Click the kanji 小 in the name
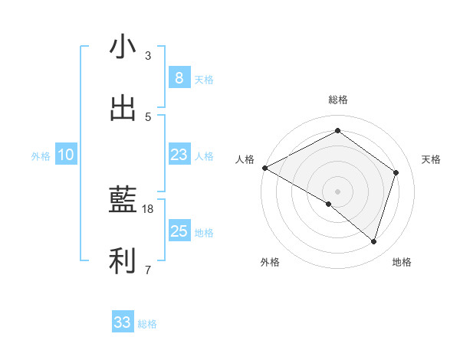pos(123,47)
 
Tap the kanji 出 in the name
pos(123,108)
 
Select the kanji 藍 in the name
pos(123,201)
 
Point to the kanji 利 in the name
pos(123,262)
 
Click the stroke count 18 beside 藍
pos(148,208)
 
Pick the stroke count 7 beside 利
pos(148,270)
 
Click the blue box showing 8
pos(179,78)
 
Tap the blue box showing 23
pos(179,155)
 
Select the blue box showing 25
pos(179,231)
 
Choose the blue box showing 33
pos(123,322)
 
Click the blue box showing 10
pos(66,155)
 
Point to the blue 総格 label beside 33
pos(147,324)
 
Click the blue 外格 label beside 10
pos(41,155)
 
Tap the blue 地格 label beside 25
pos(204,233)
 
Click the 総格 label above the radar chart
pos(337,100)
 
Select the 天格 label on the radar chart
pos(431,159)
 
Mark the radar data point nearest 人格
pos(264,168)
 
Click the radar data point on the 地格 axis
pos(373,241)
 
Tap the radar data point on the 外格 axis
pos(329,204)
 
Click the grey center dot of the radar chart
pos(337,191)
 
